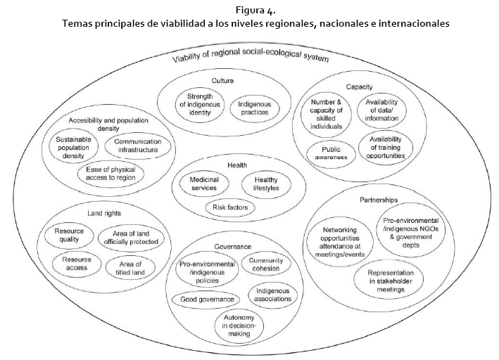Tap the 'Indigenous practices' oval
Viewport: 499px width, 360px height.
tap(254, 108)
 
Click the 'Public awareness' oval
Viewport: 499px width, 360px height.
tap(331, 153)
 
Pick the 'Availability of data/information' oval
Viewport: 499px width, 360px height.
tap(381, 110)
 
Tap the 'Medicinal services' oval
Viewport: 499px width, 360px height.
tap(205, 184)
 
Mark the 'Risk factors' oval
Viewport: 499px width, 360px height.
tap(231, 207)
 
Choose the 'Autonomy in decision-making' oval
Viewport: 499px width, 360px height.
tap(239, 324)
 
